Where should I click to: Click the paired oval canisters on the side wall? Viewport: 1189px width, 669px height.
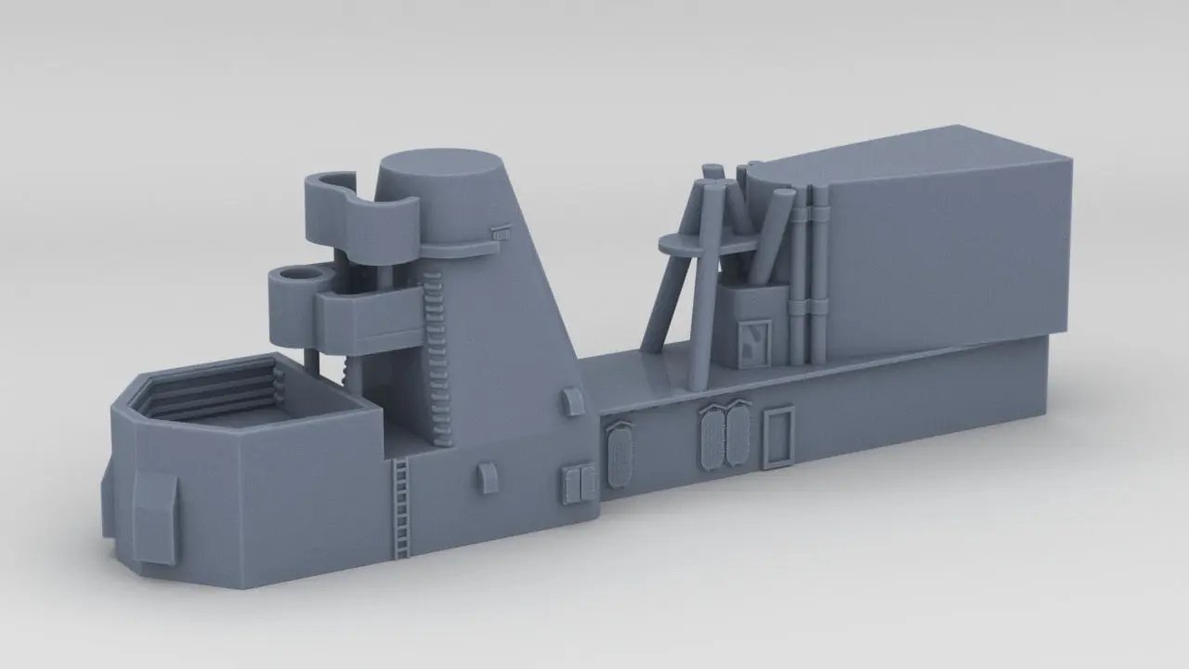[x=725, y=436]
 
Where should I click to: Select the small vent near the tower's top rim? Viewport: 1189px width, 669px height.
[x=502, y=233]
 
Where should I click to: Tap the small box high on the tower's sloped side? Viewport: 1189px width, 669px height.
[x=572, y=401]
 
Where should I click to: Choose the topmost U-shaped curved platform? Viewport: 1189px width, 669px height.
[x=358, y=209]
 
